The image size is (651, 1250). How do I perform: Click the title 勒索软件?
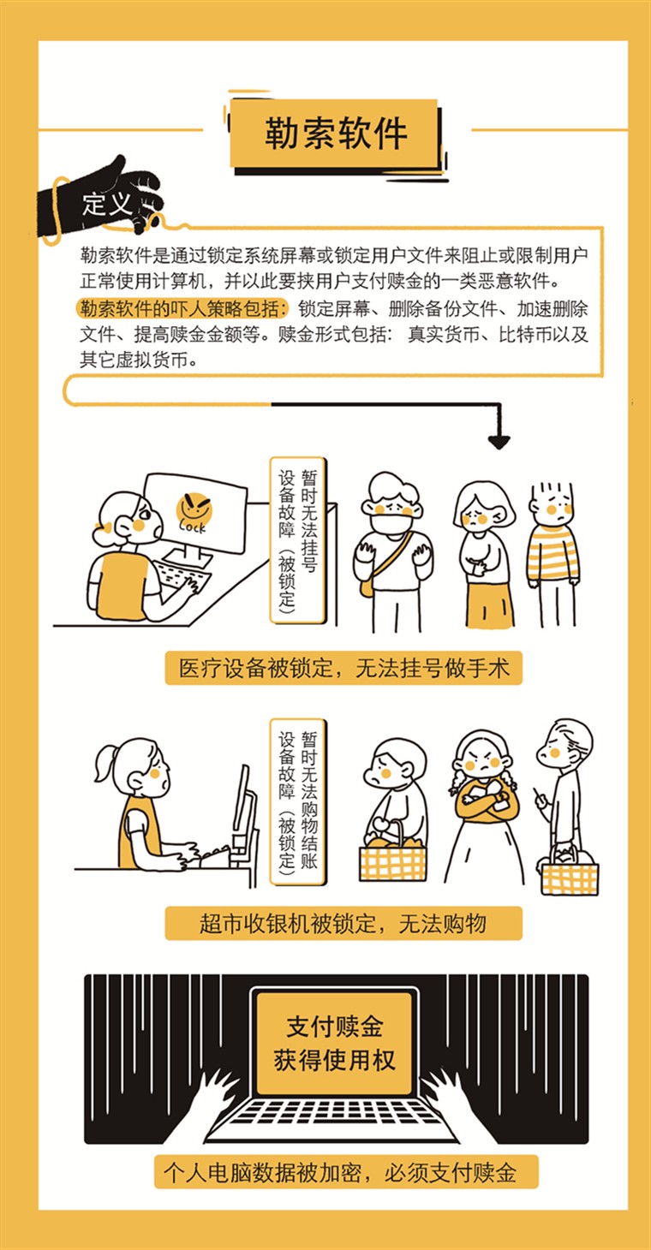pos(336,134)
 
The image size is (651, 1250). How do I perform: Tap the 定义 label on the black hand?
pos(106,205)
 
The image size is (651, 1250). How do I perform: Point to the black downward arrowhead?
pos(499,442)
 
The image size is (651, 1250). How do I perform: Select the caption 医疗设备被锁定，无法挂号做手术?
pos(343,668)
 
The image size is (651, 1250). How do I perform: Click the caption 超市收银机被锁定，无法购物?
pos(343,923)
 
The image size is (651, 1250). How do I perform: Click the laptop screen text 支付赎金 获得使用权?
pos(334,1044)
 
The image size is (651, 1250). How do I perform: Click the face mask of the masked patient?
pos(391,525)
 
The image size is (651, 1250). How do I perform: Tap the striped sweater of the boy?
pos(552,552)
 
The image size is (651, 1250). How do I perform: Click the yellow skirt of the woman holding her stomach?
pos(489,605)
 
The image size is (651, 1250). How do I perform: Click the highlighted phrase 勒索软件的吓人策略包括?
pos(183,308)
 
